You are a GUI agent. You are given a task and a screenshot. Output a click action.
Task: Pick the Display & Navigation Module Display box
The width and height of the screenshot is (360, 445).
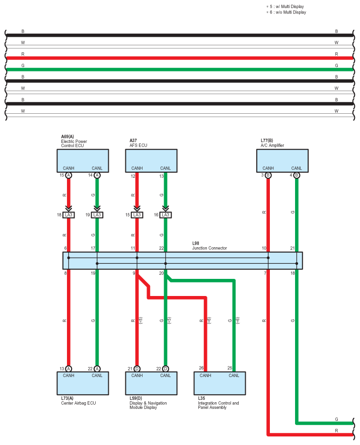point(151,384)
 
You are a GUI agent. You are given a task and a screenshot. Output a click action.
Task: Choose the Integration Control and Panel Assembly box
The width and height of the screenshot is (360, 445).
point(220,384)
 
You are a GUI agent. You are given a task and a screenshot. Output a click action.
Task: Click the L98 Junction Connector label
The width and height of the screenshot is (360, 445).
point(209,246)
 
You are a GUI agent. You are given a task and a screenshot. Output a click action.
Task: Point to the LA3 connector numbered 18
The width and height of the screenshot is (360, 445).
point(69,215)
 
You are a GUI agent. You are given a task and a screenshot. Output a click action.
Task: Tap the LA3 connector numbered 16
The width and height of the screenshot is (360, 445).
point(166,215)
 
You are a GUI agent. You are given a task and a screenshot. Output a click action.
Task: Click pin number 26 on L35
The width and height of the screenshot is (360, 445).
point(201,368)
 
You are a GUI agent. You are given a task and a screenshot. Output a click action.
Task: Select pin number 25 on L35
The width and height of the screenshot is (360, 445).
point(230,368)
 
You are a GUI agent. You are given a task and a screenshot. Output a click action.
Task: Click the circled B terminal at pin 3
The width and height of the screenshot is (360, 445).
point(268,175)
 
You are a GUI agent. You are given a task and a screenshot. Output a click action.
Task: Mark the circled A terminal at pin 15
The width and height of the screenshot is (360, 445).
point(69,175)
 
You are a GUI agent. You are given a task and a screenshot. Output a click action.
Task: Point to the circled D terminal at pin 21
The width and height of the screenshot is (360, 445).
point(137,368)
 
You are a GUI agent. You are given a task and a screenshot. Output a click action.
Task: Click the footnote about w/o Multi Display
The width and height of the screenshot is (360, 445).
point(287,12)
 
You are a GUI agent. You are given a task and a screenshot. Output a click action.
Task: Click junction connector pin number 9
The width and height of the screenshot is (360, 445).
point(134,273)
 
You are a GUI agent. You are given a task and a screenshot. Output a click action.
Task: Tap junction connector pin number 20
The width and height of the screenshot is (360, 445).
point(161,273)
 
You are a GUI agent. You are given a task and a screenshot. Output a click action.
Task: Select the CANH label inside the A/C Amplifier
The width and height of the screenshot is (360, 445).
point(268,168)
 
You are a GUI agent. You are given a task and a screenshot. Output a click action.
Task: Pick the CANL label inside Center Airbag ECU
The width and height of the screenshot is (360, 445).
point(97,375)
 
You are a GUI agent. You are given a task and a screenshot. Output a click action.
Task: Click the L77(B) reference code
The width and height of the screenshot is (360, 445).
point(267,140)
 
